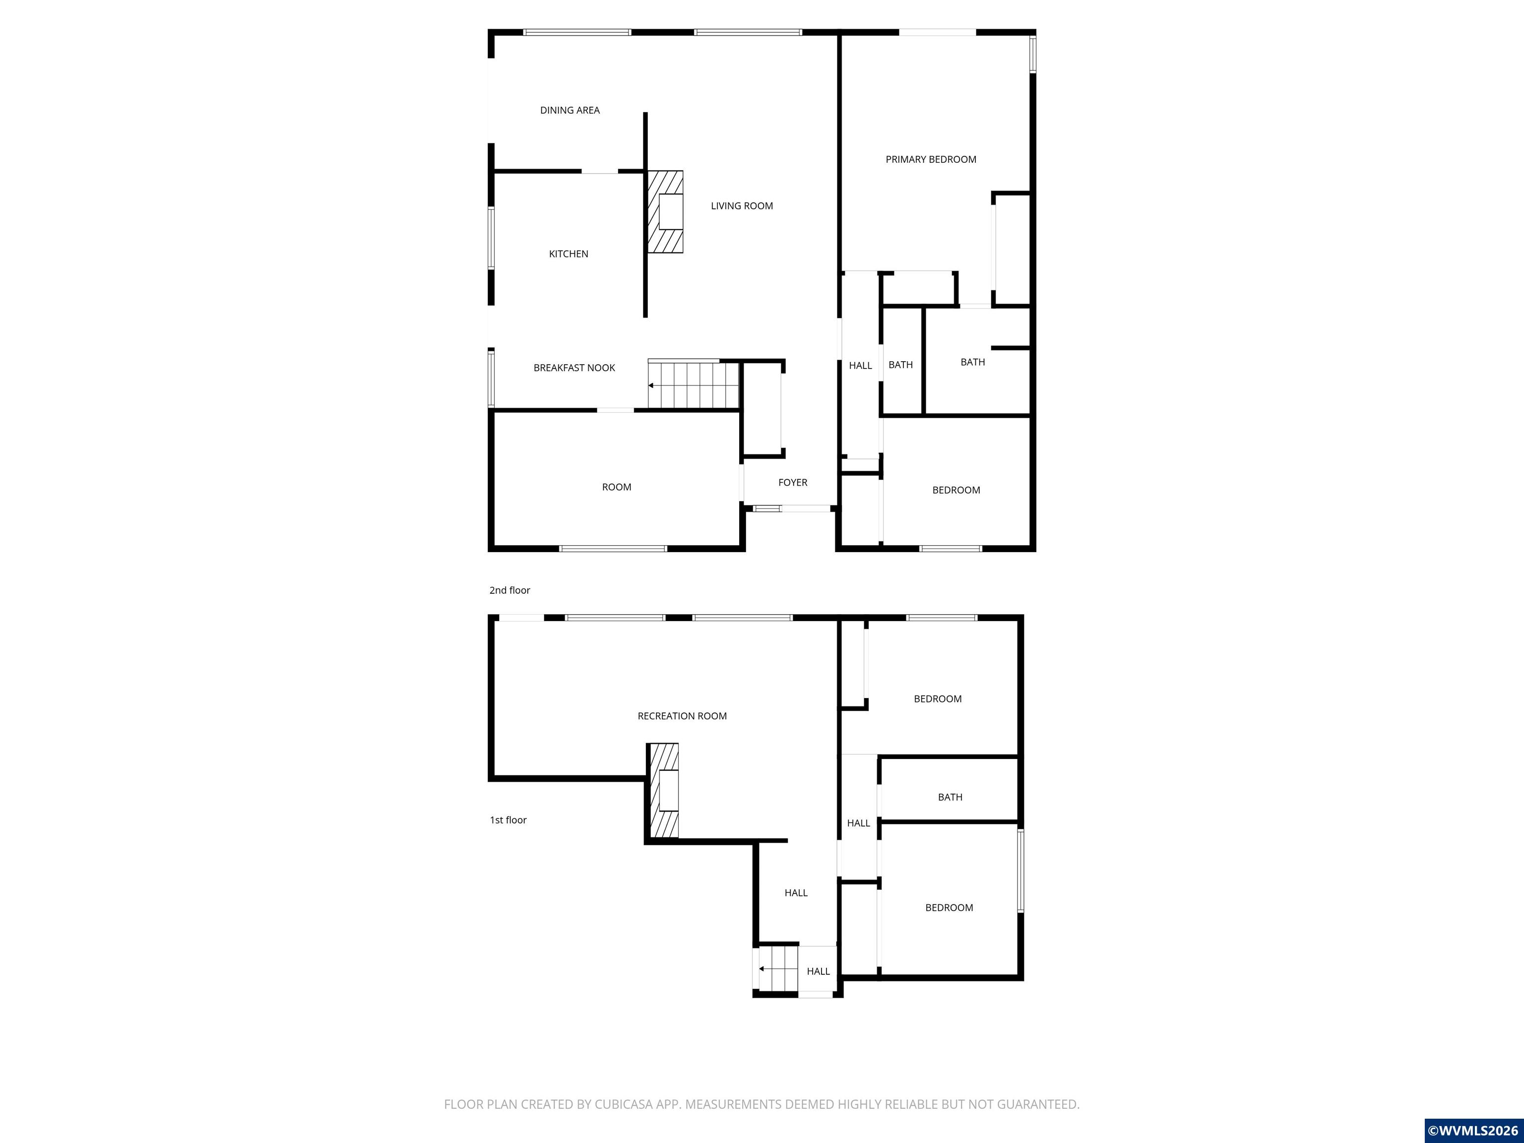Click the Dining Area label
[570, 110]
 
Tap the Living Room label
[742, 206]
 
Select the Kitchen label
[569, 254]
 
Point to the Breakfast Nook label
[574, 368]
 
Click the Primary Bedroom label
[931, 160]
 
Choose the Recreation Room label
[682, 716]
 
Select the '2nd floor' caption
[510, 590]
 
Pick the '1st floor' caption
[508, 820]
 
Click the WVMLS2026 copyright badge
[1474, 1131]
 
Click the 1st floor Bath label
[950, 797]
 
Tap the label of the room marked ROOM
[617, 487]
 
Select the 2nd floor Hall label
[861, 366]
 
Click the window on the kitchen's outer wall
[491, 238]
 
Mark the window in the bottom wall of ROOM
[613, 548]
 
